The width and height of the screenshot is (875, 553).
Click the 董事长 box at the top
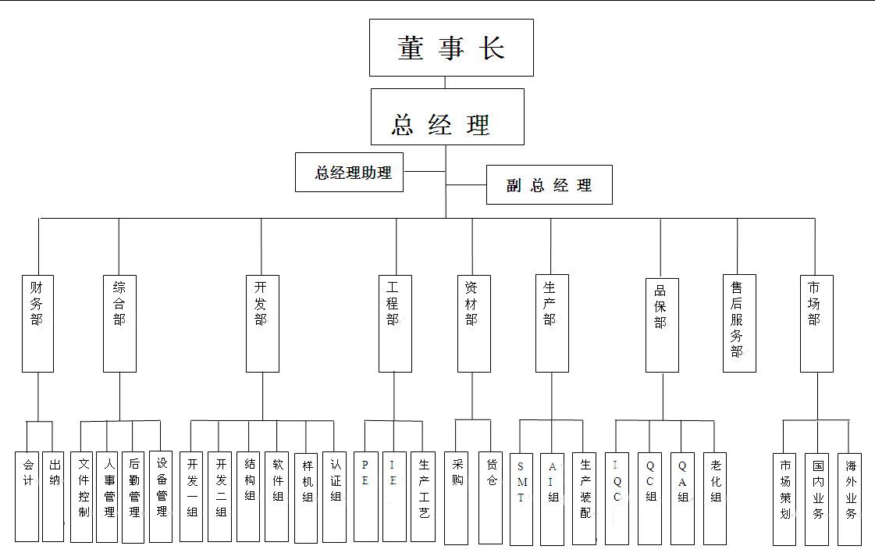[451, 48]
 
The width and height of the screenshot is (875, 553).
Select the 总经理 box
[446, 116]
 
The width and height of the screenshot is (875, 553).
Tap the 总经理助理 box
[349, 173]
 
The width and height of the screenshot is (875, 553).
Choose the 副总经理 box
[549, 185]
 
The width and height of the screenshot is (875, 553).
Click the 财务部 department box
[37, 323]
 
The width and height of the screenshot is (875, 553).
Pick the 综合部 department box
[119, 323]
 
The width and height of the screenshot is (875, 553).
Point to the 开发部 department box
[261, 323]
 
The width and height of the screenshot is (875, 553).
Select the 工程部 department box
[394, 323]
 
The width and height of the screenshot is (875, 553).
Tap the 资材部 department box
[473, 323]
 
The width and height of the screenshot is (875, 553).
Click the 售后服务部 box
[738, 323]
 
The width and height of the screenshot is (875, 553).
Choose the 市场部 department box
[816, 323]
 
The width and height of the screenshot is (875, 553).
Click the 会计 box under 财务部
[27, 496]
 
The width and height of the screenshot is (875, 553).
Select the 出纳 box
[53, 496]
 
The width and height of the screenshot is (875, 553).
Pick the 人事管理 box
[108, 496]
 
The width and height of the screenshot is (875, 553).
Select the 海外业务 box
[849, 498]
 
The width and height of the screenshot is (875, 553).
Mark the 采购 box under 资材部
[457, 497]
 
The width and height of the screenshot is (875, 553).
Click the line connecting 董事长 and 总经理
[446, 82]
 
